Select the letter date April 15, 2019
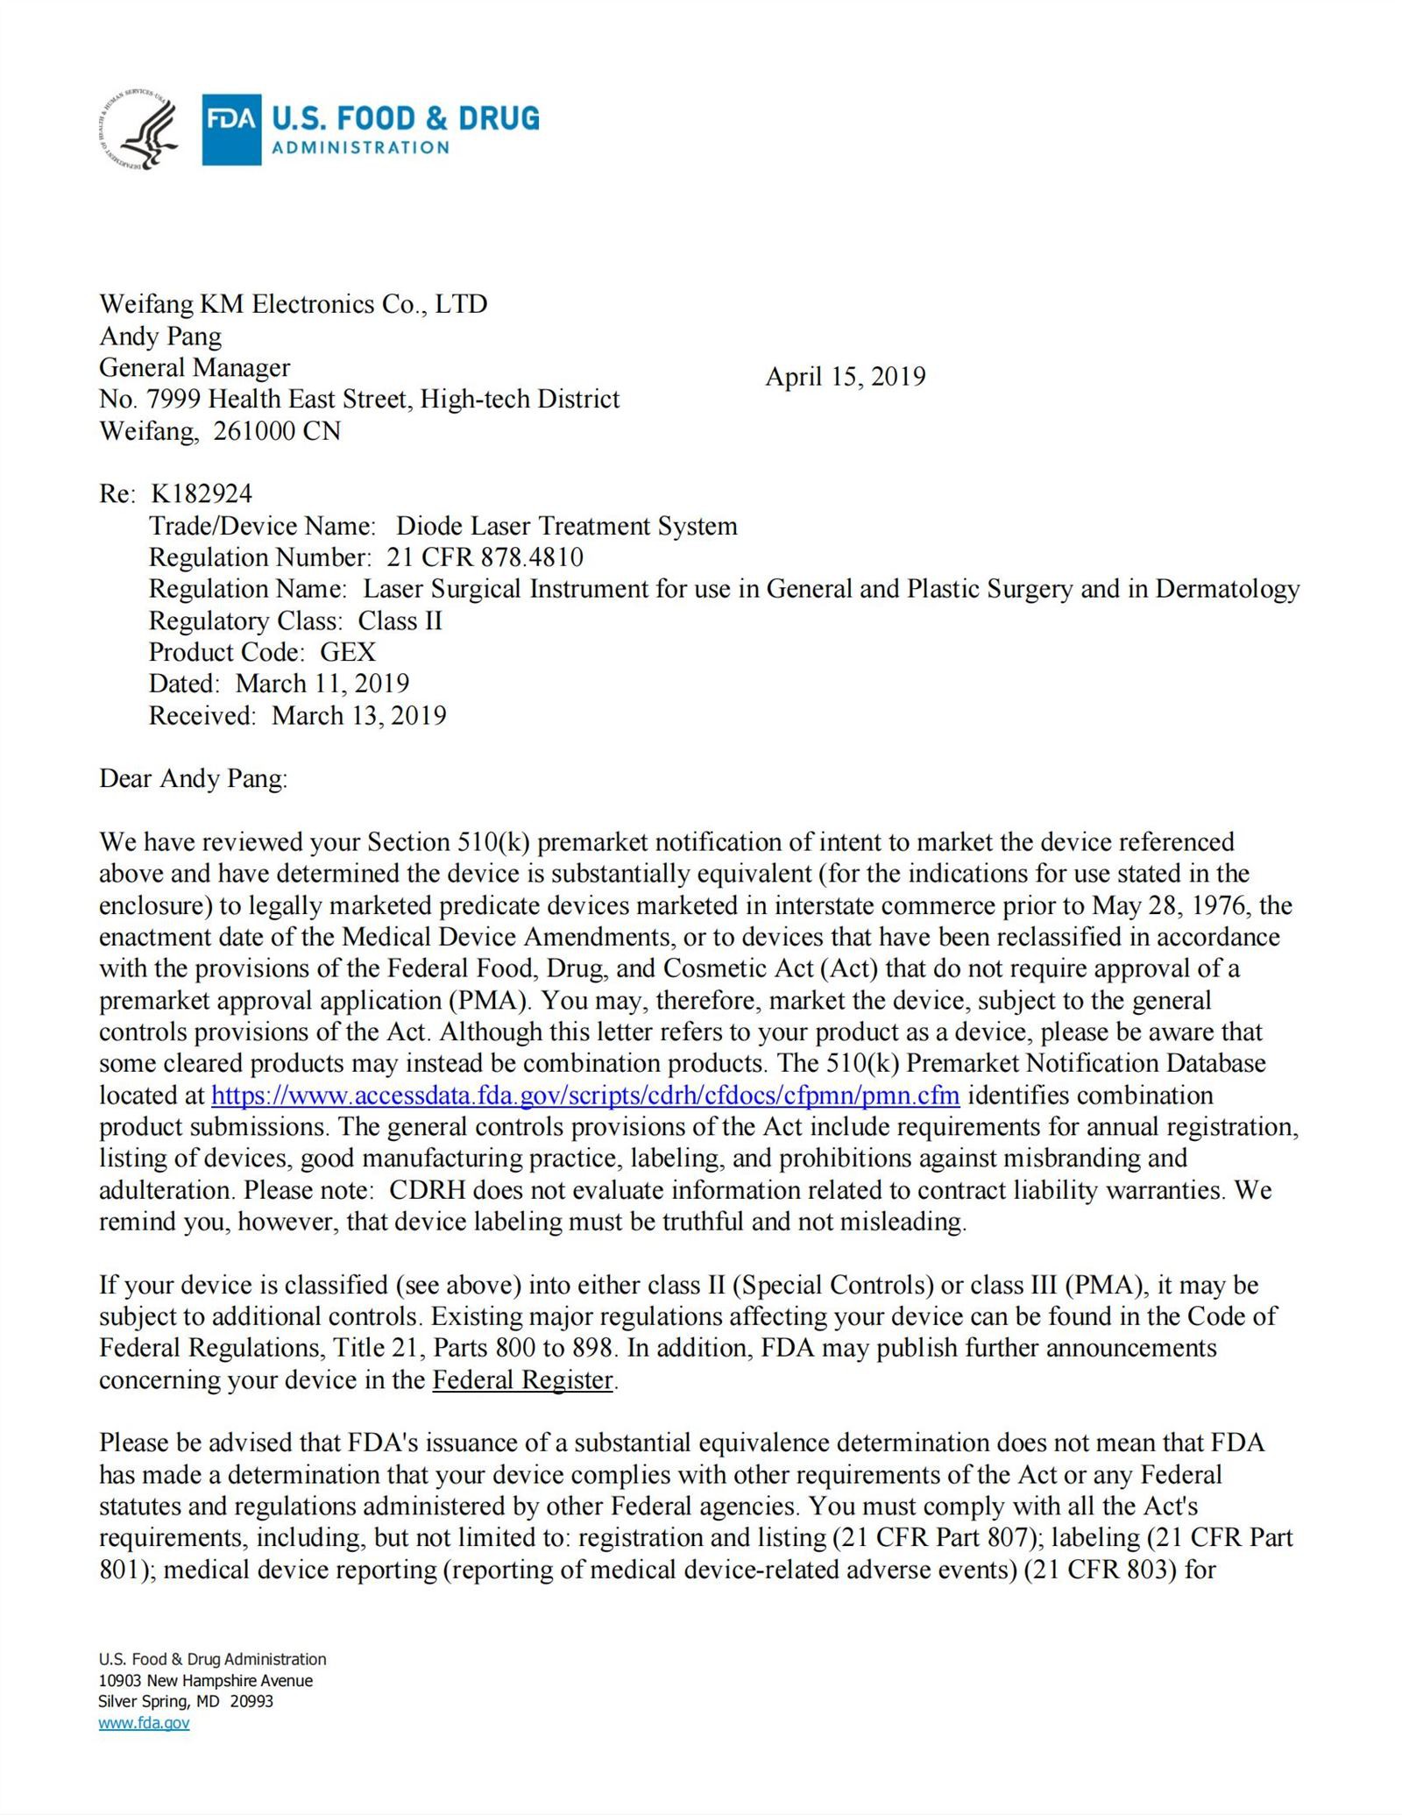coord(845,377)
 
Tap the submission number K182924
coord(202,494)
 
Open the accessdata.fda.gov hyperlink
coord(585,1095)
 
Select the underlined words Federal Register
coord(523,1380)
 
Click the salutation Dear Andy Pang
coord(193,778)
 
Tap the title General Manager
coord(195,367)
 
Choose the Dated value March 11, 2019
coord(322,684)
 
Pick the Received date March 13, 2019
coord(358,716)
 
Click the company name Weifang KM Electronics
coord(293,304)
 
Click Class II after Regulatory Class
coord(400,620)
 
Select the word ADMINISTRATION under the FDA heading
coord(360,147)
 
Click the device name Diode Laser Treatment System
coord(567,526)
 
